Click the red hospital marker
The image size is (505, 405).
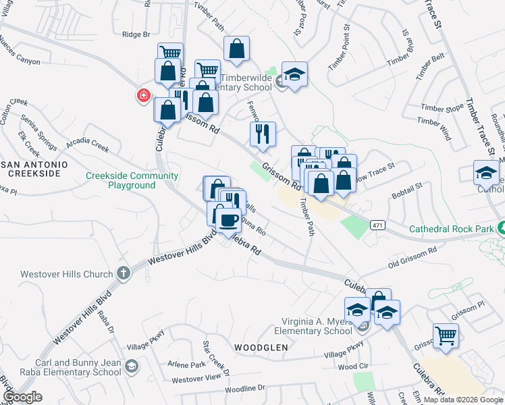143,97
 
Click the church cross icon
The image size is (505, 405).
123,273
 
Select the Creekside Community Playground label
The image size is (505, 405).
132,180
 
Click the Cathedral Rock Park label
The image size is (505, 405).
451,229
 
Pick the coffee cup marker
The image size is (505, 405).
228,219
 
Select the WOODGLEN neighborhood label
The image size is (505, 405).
261,347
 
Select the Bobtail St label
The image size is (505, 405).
408,190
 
